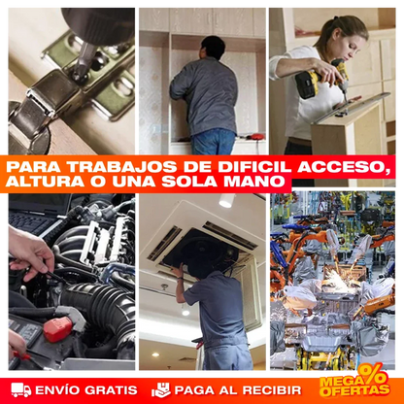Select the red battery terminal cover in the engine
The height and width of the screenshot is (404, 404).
point(57,329)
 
